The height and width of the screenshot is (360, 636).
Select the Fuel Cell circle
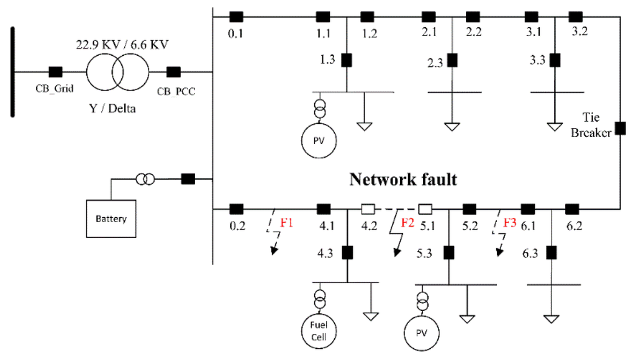click(319, 328)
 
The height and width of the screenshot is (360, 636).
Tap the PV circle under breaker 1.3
click(319, 142)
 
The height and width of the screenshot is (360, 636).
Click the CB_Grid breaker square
click(55, 71)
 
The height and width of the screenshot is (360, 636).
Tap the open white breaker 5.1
click(425, 209)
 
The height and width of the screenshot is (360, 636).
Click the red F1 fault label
click(286, 222)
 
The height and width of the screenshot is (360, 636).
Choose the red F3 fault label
click(509, 222)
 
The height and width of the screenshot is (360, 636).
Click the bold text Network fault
click(403, 179)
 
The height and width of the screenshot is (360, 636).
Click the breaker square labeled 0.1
click(235, 16)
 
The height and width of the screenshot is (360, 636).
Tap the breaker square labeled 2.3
click(453, 60)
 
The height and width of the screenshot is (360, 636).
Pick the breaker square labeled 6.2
click(571, 209)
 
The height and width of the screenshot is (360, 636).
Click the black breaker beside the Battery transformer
click(188, 179)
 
